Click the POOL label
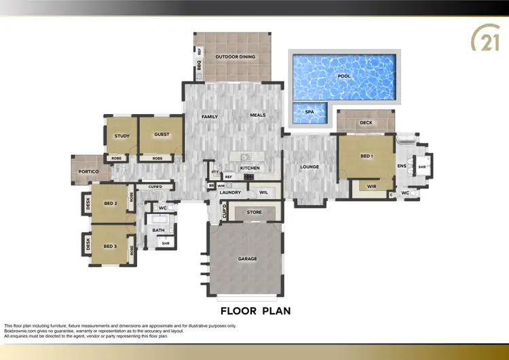click(344, 76)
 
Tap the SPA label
click(309, 111)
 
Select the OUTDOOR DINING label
click(235, 56)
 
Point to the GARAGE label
click(246, 259)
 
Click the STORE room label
click(254, 213)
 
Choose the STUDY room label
click(122, 135)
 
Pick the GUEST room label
click(162, 134)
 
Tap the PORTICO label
click(88, 172)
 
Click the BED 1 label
click(366, 156)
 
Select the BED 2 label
click(111, 204)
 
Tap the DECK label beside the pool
click(366, 123)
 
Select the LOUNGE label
click(309, 167)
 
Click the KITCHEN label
click(250, 167)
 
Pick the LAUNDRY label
click(231, 193)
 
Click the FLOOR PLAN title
click(255, 311)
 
